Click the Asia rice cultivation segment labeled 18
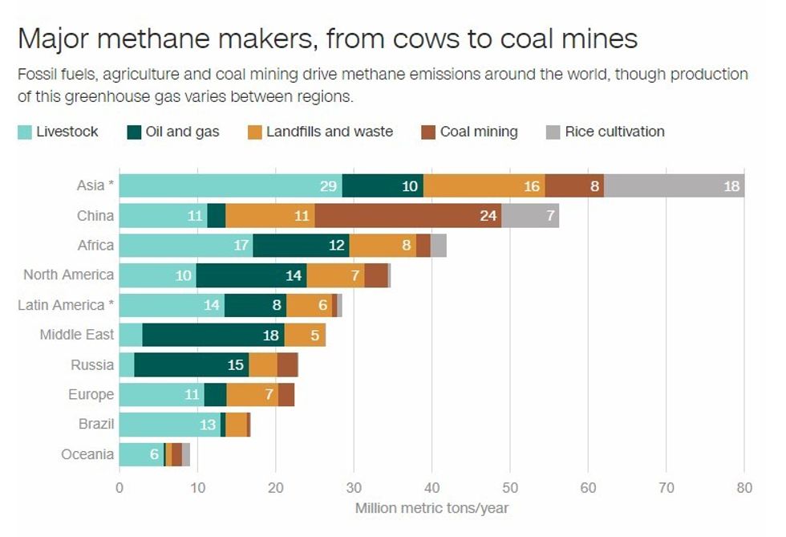674,185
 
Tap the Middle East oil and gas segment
213,335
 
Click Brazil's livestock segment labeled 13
169,425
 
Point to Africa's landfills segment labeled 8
383,246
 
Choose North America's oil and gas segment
251,275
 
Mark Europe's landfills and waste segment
252,395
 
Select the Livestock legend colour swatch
25,132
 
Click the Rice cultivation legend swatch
552,132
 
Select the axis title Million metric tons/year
431,508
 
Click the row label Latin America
64,305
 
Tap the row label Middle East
77,335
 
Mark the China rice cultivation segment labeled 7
529,216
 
